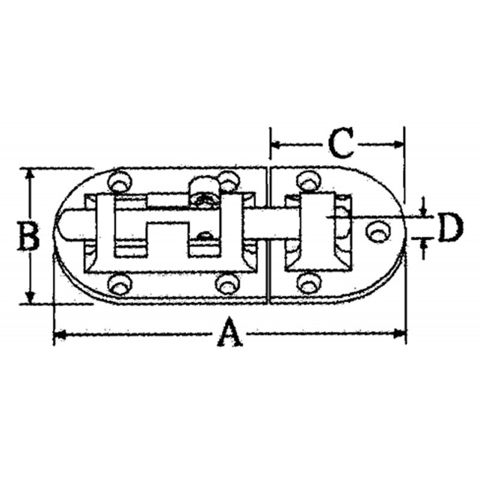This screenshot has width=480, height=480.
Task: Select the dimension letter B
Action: tap(28, 236)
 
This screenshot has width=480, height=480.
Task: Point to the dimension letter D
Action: tap(450, 228)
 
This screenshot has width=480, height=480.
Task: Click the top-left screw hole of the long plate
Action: tap(118, 180)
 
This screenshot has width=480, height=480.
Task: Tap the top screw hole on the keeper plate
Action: tap(307, 180)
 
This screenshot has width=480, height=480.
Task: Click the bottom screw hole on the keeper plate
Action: tap(308, 282)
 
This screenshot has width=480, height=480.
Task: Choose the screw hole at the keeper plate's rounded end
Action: tap(377, 231)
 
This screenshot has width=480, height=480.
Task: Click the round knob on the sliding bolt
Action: tap(203, 191)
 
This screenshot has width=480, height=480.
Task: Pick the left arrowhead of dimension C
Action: tap(275, 144)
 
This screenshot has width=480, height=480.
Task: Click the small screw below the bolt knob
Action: tap(205, 236)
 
